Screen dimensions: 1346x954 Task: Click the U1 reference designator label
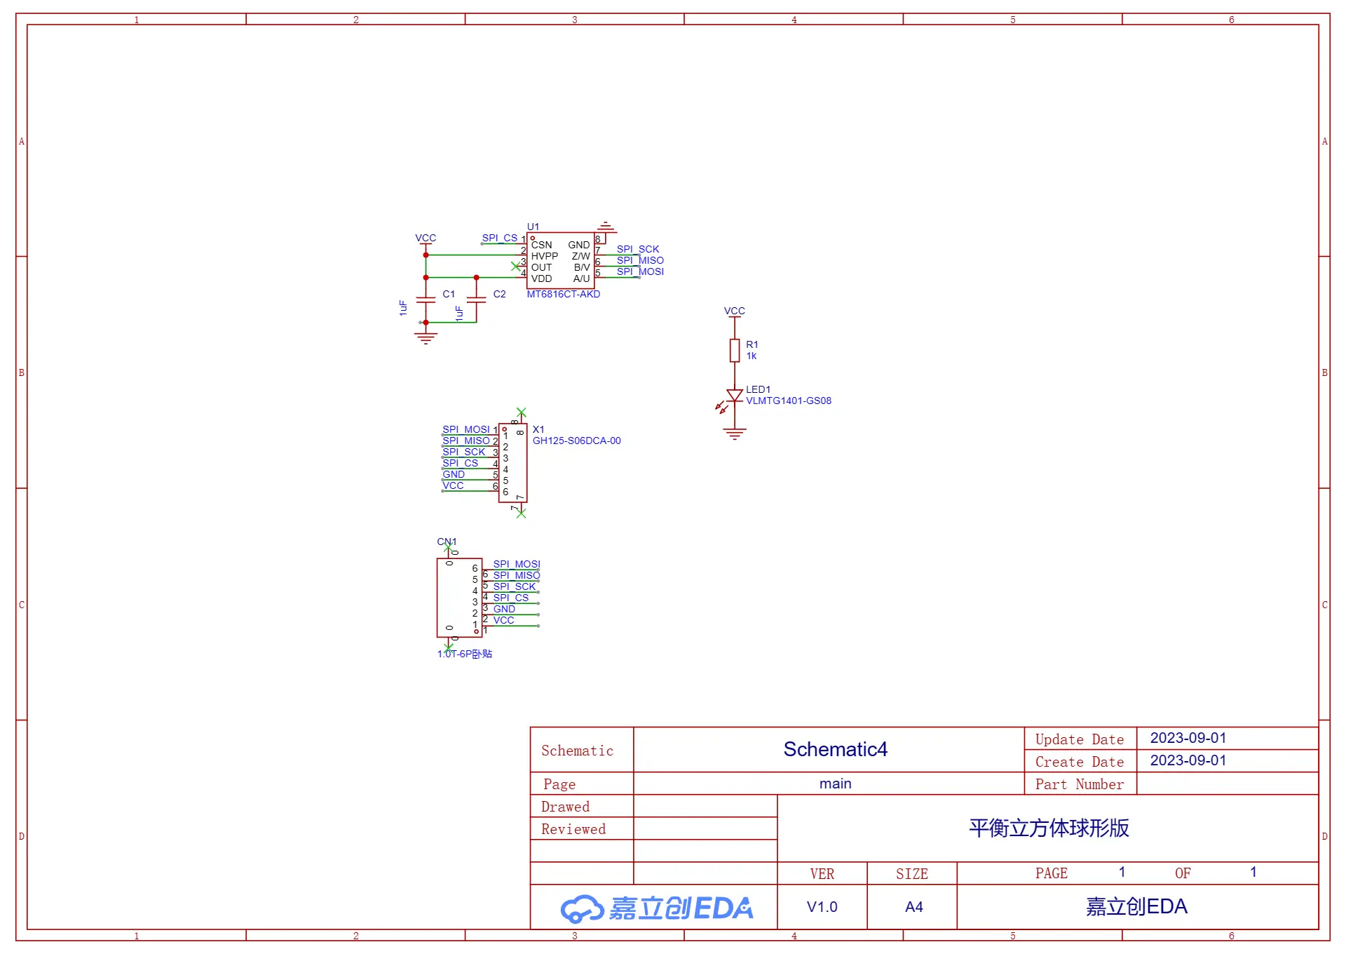(533, 227)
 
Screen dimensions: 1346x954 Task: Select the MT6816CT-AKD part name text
(564, 294)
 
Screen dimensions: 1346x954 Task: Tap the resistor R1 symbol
(735, 351)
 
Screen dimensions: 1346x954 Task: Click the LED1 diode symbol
(734, 396)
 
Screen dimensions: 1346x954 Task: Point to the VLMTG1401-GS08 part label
(789, 401)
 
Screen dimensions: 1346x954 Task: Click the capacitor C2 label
(499, 294)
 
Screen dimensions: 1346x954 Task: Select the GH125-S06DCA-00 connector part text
(577, 441)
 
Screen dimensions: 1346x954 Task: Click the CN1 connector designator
(447, 542)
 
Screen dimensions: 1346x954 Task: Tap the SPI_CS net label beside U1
(500, 238)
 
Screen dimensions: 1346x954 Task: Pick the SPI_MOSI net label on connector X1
(466, 429)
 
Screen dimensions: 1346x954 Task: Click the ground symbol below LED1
(735, 434)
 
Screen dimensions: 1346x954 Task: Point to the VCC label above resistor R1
(735, 311)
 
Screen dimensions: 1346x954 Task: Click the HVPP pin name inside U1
(545, 256)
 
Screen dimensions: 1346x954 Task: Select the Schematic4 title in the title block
(836, 749)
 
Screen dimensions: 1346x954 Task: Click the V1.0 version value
(822, 907)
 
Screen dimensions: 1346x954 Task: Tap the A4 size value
(914, 907)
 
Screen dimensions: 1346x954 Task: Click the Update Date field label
(1080, 739)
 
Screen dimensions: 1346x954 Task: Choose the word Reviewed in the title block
(573, 829)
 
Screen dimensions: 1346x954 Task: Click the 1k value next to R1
(752, 356)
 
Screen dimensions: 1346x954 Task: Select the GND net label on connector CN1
(504, 609)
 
